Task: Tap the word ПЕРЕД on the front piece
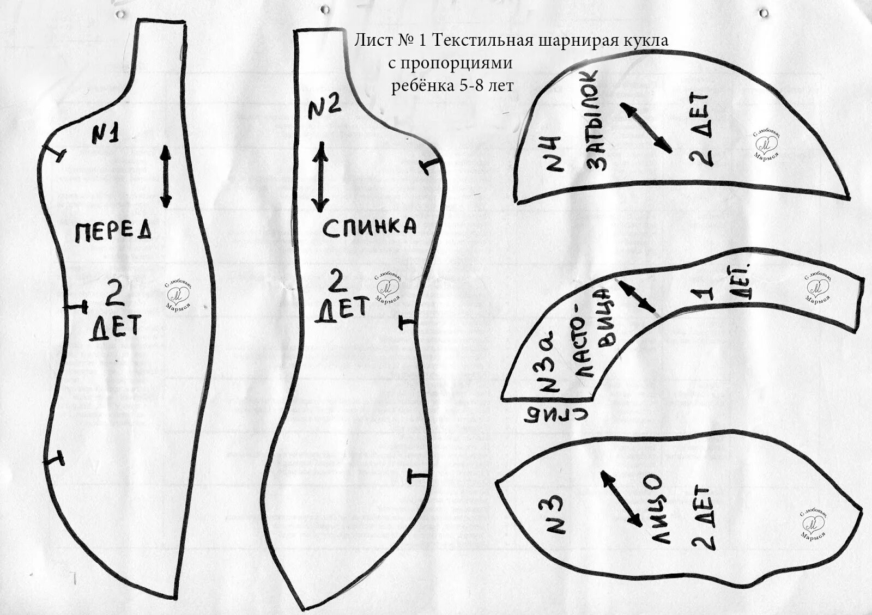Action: tap(112, 232)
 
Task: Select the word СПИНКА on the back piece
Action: tap(370, 228)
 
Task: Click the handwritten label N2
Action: tap(325, 108)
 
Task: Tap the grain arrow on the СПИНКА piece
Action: tap(320, 177)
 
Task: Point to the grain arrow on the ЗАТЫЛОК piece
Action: tap(645, 127)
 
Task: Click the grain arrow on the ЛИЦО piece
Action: tap(621, 498)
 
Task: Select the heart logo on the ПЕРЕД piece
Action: tap(177, 294)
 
